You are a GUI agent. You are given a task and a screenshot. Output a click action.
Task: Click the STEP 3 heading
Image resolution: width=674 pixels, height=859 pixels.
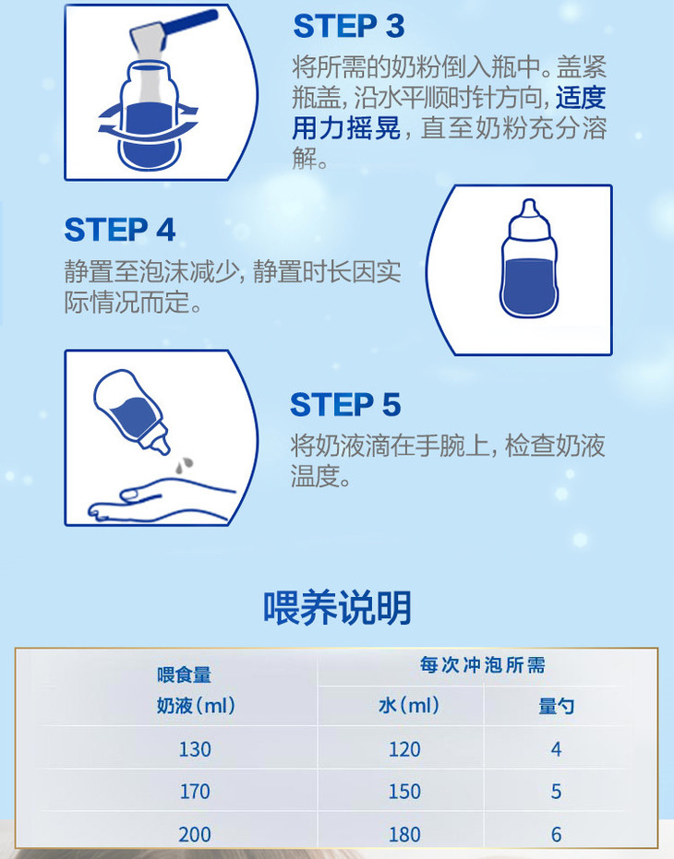pos(349,26)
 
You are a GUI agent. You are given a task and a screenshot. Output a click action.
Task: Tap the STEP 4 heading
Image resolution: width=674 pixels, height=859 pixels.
pos(120,230)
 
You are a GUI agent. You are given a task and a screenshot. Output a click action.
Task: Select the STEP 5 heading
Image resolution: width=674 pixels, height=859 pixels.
pos(345,405)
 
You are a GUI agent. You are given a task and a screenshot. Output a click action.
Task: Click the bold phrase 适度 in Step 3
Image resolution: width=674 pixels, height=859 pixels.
pos(581,98)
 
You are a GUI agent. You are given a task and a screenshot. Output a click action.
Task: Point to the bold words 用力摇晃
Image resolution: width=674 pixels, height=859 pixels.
pos(346,129)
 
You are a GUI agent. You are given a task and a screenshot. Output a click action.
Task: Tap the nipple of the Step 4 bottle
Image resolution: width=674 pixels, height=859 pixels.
pos(529,210)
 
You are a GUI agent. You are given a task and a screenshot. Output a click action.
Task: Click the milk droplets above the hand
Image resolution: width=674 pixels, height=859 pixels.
pos(185,465)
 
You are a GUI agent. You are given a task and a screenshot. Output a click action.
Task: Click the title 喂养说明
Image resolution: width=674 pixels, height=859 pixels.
pos(337,607)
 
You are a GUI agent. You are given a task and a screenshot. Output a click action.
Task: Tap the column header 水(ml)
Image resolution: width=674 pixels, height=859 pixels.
pos(409,705)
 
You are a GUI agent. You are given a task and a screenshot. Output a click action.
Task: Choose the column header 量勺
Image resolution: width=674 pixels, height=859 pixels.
pos(556,706)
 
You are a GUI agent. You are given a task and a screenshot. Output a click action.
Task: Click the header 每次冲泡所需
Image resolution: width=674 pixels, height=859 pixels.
pos(483,665)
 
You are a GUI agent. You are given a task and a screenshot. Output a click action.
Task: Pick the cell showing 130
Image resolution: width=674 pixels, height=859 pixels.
pos(195,749)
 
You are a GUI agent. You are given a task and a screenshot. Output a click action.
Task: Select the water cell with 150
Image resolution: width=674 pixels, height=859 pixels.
pos(404,792)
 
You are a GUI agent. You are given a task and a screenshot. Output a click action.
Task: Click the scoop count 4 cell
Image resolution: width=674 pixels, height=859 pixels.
pos(556,749)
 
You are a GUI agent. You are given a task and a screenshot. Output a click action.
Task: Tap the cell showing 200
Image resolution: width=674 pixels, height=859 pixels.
pos(195,834)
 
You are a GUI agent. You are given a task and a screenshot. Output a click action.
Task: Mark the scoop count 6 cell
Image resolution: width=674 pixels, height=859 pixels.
pos(556,834)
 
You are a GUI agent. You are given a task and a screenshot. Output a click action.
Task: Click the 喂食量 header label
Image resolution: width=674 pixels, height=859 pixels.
pos(185,674)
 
